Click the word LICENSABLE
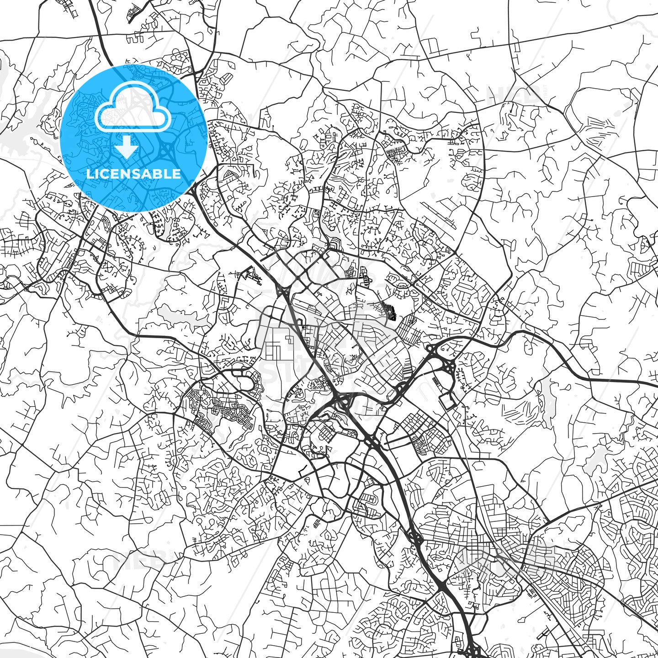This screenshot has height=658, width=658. pos(133,174)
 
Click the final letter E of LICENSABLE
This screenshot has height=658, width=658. pos(176,174)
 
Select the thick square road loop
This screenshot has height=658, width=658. pos(447,401)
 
